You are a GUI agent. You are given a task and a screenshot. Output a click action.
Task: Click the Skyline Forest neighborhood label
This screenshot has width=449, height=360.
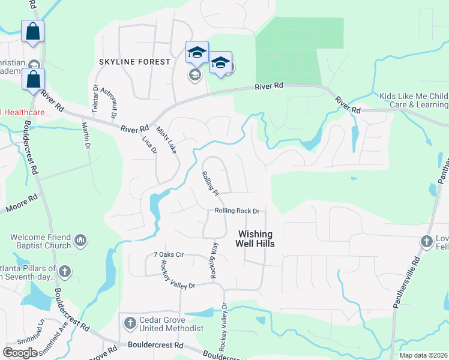(135, 62)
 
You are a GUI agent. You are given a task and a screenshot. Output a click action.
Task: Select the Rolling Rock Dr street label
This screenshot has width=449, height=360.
(237, 211)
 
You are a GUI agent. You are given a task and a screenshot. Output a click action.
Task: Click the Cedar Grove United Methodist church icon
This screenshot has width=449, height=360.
(130, 323)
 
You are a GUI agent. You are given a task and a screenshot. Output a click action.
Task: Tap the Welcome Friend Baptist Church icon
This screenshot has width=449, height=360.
(81, 241)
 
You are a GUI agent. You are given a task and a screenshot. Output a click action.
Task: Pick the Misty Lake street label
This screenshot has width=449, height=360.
(166, 139)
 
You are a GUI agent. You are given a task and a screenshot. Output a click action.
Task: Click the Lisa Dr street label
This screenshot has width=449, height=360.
(149, 144)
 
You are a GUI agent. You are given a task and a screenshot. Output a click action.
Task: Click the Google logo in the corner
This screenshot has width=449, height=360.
(20, 353)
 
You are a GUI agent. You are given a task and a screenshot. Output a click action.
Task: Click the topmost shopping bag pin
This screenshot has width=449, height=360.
(32, 31)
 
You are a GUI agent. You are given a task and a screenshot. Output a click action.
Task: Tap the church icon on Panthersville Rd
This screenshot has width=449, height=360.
(426, 241)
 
